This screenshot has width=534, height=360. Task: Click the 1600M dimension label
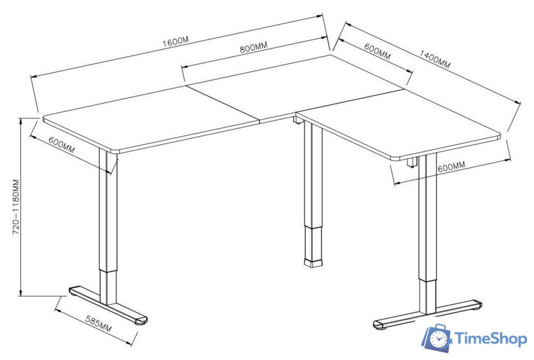pos(175,41)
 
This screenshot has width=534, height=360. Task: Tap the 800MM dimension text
pos(254,47)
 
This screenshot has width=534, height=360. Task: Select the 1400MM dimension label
pos(435,59)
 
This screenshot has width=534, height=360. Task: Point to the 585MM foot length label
pos(98,324)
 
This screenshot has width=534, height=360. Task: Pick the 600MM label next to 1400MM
pos(378,51)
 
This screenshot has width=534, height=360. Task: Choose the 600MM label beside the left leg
pos(62,144)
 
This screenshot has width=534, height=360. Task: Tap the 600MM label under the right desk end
pos(451,167)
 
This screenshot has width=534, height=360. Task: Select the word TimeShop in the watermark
pos(491,340)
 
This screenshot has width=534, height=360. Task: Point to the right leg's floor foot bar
pos(428,315)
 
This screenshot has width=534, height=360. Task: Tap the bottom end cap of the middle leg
pos(313,263)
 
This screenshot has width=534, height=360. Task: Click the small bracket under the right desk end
pos(412,162)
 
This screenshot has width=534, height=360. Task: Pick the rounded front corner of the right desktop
pos(395,157)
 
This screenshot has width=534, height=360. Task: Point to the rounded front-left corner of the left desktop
pos(116,151)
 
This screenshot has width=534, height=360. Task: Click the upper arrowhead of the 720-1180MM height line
pos(21,121)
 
